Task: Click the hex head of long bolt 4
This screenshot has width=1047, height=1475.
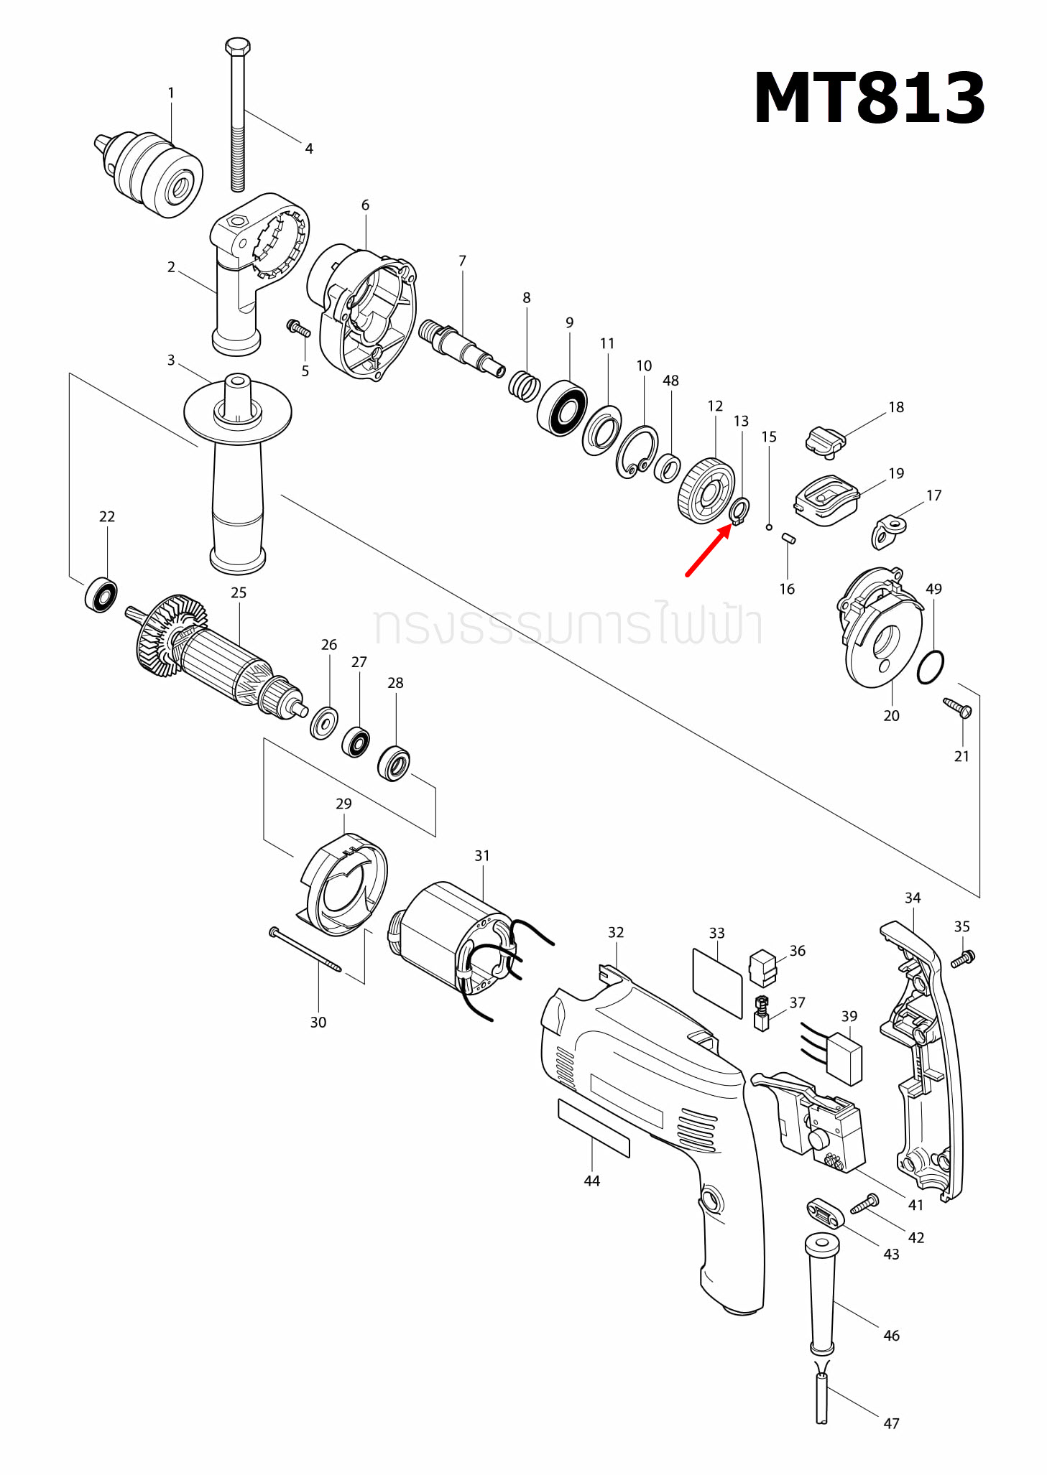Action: coord(237,47)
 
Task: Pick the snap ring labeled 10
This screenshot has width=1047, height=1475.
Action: coord(637,451)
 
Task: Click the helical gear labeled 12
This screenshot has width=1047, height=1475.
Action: coord(706,492)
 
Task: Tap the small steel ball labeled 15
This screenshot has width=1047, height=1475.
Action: coord(769,527)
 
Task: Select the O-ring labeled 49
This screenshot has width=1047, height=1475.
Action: coord(931,667)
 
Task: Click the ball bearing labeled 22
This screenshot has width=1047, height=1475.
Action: coord(101,595)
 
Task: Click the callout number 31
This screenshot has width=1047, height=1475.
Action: coord(482,856)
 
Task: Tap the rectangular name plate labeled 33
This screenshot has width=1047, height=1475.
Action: coord(717,982)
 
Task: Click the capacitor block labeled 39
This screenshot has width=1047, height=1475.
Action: coord(844,1058)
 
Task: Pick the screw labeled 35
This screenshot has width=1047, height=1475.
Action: coord(962,958)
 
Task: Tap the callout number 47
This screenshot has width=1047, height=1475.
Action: coord(891,1423)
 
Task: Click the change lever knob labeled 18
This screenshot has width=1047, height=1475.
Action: coord(826,439)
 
